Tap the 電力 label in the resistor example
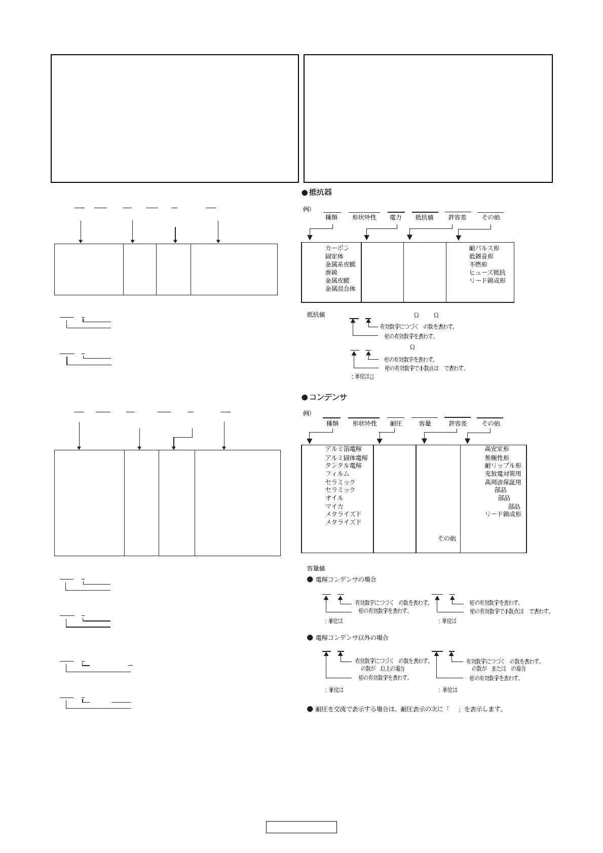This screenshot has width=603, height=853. click(395, 217)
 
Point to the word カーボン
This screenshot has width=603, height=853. click(337, 248)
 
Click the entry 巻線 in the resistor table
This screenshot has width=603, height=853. click(331, 273)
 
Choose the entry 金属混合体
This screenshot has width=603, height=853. click(340, 289)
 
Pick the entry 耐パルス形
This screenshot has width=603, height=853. click(484, 248)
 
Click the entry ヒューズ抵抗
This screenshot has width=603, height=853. click(487, 273)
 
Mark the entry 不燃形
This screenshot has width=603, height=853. click(478, 264)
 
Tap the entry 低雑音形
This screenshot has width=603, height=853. click(481, 256)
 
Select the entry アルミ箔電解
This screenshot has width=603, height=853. click(343, 449)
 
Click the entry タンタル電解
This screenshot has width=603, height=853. click(343, 466)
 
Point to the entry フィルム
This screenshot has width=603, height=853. click(337, 474)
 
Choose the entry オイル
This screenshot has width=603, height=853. click(334, 498)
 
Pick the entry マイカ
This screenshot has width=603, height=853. click(334, 506)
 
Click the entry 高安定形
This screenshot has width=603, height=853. click(497, 449)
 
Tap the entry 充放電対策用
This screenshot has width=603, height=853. click(503, 474)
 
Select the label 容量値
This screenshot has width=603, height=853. click(316, 568)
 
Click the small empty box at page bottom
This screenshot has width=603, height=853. click(301, 827)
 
